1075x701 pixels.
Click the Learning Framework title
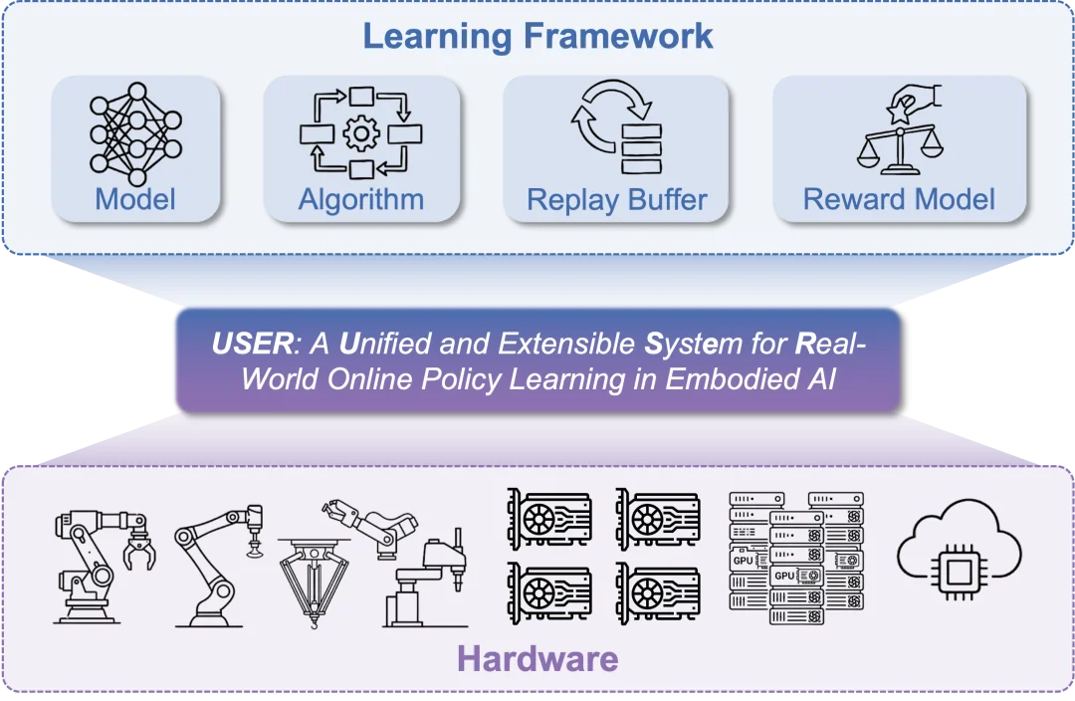coord(537,36)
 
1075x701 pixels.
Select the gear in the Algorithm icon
coord(360,132)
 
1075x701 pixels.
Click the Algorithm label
coord(360,199)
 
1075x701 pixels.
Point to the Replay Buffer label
coord(616,199)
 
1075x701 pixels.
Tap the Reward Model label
coord(899,199)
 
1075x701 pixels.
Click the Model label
coord(135,199)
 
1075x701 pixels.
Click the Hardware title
coord(537,658)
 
